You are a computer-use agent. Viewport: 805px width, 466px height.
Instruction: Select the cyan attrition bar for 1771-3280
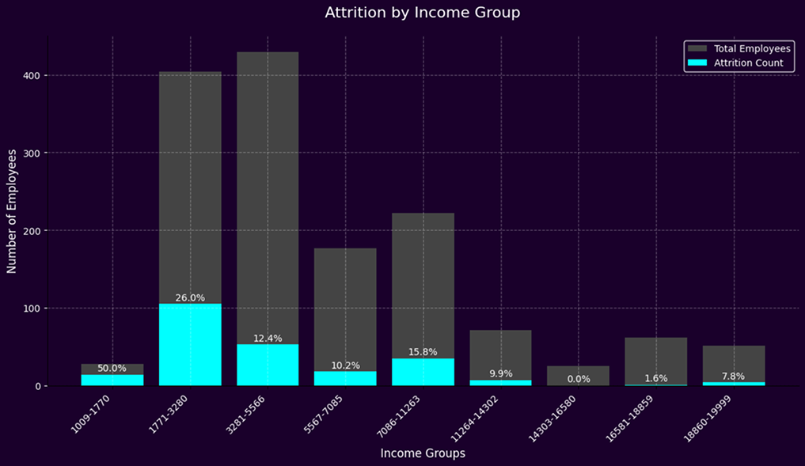pos(190,345)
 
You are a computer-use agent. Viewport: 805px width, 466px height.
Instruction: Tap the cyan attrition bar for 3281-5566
pos(268,365)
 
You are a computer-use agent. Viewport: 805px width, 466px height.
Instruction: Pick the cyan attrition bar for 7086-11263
pos(423,372)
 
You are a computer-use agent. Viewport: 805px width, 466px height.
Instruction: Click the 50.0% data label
pos(112,368)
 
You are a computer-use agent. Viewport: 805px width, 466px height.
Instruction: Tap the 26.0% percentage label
pos(190,298)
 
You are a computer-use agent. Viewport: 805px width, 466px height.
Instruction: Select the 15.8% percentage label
pos(423,352)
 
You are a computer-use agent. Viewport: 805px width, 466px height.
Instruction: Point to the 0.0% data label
pos(579,379)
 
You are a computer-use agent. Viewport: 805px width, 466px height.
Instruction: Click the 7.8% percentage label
pos(734,376)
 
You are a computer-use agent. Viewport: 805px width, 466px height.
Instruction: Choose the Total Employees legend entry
pos(740,49)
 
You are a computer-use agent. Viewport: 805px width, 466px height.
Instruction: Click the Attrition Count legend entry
pos(740,63)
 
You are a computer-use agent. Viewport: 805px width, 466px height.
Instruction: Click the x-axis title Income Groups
pos(423,453)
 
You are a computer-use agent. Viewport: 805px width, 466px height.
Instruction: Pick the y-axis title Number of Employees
pos(12,213)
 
